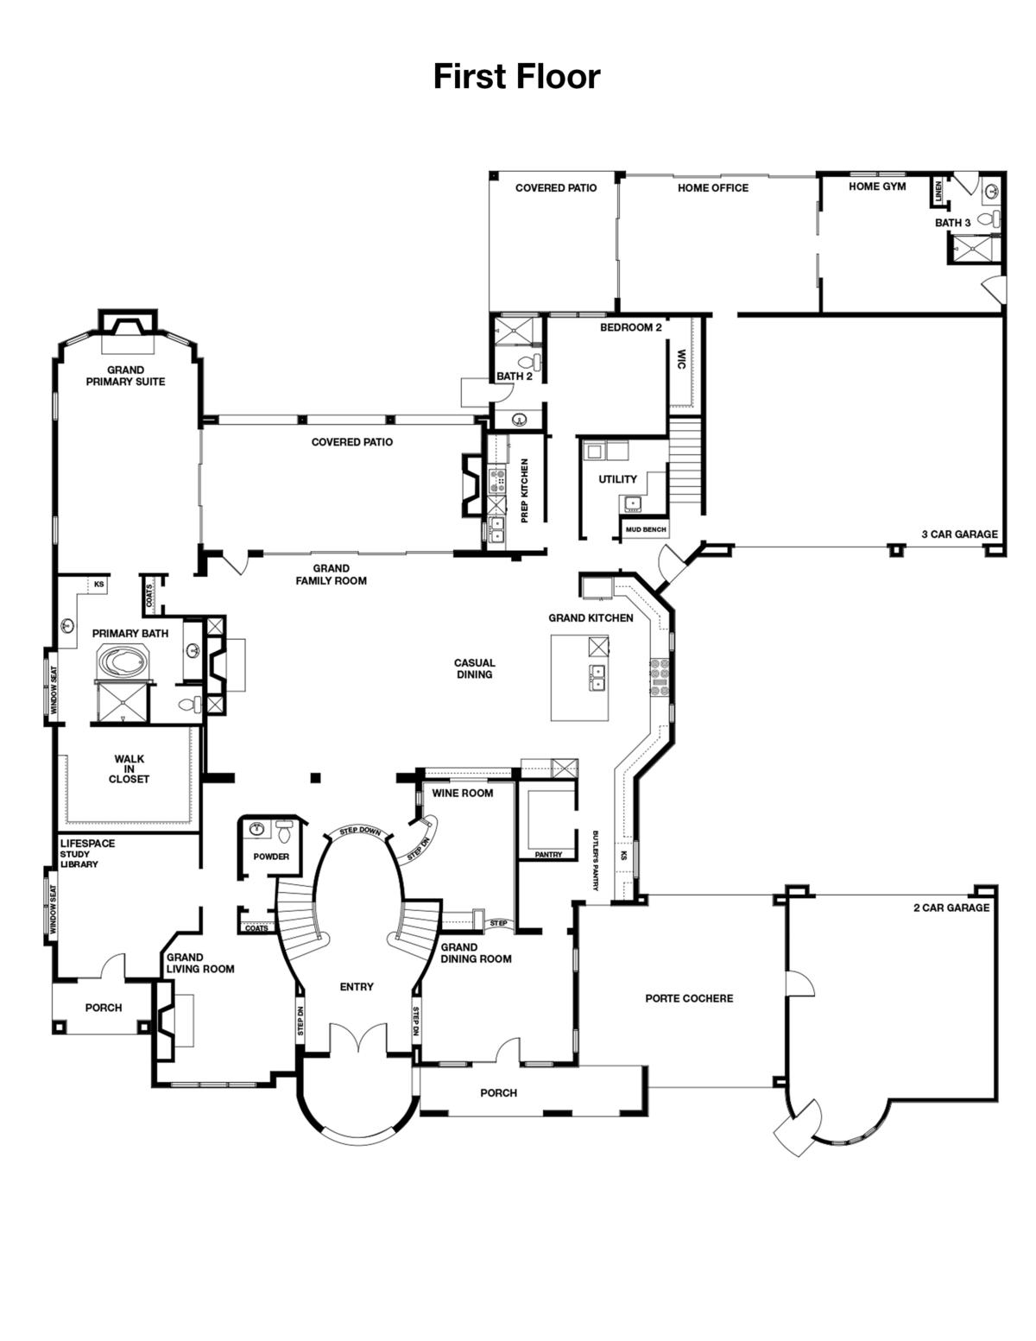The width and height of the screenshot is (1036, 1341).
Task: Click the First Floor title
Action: (516, 77)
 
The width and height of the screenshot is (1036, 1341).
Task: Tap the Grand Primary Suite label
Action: (125, 376)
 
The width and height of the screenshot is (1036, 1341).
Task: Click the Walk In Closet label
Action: (129, 769)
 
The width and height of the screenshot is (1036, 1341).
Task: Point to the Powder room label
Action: (271, 857)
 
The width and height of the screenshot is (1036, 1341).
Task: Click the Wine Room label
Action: (463, 793)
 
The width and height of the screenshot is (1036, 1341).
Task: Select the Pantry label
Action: (548, 855)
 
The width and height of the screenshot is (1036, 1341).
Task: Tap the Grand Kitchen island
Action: (579, 678)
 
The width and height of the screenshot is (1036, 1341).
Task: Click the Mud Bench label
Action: (646, 529)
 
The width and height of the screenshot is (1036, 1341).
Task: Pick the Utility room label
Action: (617, 479)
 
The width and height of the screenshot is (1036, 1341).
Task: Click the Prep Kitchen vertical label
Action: (525, 490)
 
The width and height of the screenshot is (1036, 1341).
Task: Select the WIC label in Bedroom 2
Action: (681, 359)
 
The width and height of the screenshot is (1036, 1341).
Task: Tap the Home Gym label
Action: (877, 187)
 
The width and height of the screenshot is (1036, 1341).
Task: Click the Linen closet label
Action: (938, 193)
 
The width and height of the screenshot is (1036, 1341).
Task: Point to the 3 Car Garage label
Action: (959, 535)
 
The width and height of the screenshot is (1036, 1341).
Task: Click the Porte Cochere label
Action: (689, 998)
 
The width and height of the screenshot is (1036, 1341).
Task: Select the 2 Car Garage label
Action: (951, 908)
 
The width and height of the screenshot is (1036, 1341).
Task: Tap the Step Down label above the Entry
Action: (360, 831)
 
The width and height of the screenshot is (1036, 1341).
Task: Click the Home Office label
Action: (712, 187)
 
